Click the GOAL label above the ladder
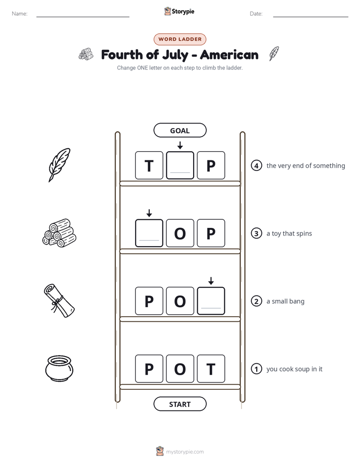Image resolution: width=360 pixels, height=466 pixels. (179, 130)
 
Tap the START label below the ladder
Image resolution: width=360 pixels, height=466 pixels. (179, 404)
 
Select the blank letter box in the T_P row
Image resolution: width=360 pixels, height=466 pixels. (180, 165)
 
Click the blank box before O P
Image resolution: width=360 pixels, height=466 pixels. (149, 233)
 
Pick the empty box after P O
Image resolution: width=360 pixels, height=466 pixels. (211, 301)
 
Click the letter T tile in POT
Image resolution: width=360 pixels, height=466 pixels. (211, 369)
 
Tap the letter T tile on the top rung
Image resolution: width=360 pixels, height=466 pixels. (149, 165)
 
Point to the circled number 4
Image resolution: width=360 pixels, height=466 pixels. (256, 165)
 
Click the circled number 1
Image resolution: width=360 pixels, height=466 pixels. (256, 369)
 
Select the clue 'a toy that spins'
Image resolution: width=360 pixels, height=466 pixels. (289, 234)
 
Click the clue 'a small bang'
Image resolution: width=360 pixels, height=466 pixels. (285, 302)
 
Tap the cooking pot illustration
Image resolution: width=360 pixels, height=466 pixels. (59, 368)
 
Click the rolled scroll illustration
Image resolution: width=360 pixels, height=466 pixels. (59, 301)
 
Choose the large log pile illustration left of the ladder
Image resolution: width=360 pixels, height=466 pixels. (59, 233)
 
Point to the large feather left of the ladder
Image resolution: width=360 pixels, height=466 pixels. (59, 165)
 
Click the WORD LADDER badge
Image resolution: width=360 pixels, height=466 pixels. (179, 39)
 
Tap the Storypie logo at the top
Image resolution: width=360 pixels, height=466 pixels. (179, 11)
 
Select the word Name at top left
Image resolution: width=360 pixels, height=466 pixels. (20, 14)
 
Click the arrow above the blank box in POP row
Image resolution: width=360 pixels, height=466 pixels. (211, 281)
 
